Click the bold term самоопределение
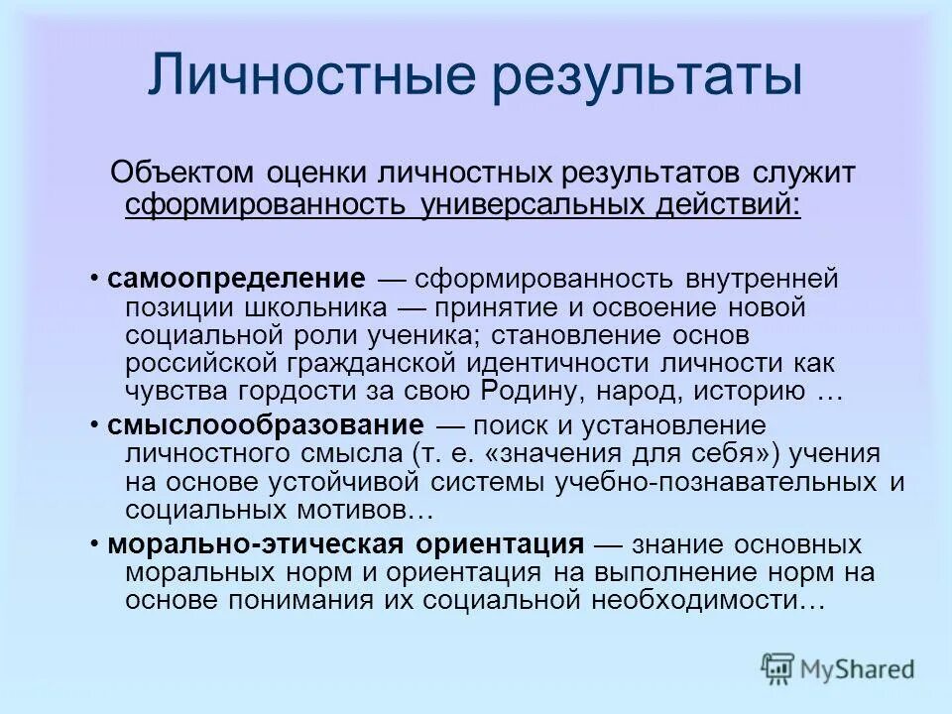[x=237, y=279]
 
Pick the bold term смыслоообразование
[x=266, y=427]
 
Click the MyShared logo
[x=837, y=667]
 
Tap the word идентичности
[x=578, y=363]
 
